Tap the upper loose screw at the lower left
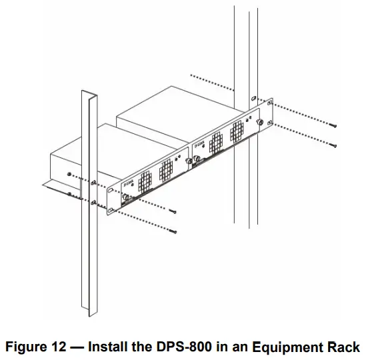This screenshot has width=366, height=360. pyautogui.click(x=172, y=211)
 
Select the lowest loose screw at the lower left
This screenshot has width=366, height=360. pyautogui.click(x=172, y=231)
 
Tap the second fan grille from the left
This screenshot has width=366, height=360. pyautogui.click(x=165, y=174)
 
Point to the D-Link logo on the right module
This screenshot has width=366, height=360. pyautogui.click(x=199, y=144)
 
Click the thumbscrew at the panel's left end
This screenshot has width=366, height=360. pyautogui.click(x=124, y=197)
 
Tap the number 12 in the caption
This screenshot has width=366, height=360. pyautogui.click(x=59, y=347)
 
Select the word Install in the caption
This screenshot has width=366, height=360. pyautogui.click(x=109, y=347)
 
